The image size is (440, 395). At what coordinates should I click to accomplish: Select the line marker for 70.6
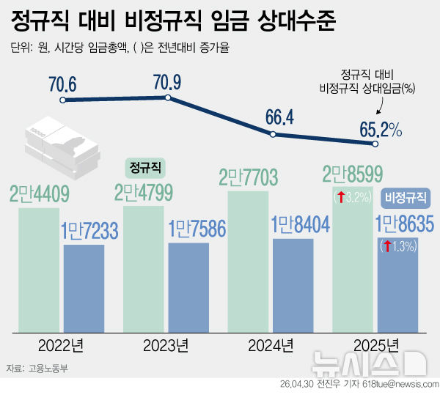pyautogui.click(x=64, y=100)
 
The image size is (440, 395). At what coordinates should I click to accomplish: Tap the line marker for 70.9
pyautogui.click(x=168, y=97)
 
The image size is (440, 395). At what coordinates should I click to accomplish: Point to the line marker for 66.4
pyautogui.click(x=273, y=134)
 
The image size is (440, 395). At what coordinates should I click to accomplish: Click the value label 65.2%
pyautogui.click(x=381, y=130)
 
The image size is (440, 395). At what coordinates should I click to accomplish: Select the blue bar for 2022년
pyautogui.click(x=84, y=286)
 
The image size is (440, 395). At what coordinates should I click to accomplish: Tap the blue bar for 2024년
pyautogui.click(x=293, y=282)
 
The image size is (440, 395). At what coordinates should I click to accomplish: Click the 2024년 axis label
pyautogui.click(x=271, y=344)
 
